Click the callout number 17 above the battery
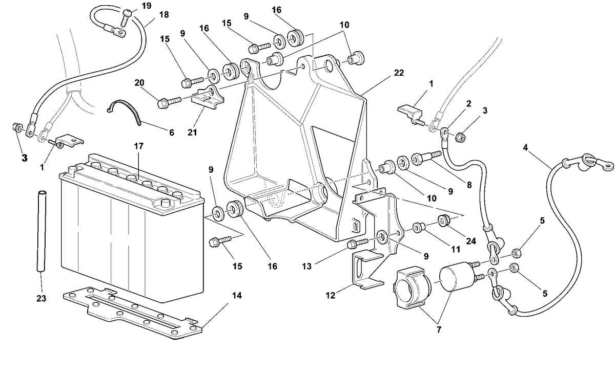coord(139,146)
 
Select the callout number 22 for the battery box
coord(399,73)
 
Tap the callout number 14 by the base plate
coord(237,295)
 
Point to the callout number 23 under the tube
coord(41,298)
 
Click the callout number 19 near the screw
coord(147,6)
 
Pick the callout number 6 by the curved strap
coord(172,132)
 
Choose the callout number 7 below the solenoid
coord(439,330)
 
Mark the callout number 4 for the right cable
coord(525,148)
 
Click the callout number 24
coord(471,241)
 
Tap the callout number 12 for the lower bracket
coord(330,295)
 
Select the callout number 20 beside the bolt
coord(139,83)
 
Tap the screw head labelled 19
coord(128,13)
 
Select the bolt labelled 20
coord(170,102)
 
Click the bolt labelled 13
coord(358,243)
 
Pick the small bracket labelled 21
coord(208,98)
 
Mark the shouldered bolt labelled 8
coord(426,157)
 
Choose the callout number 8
coord(469,185)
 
